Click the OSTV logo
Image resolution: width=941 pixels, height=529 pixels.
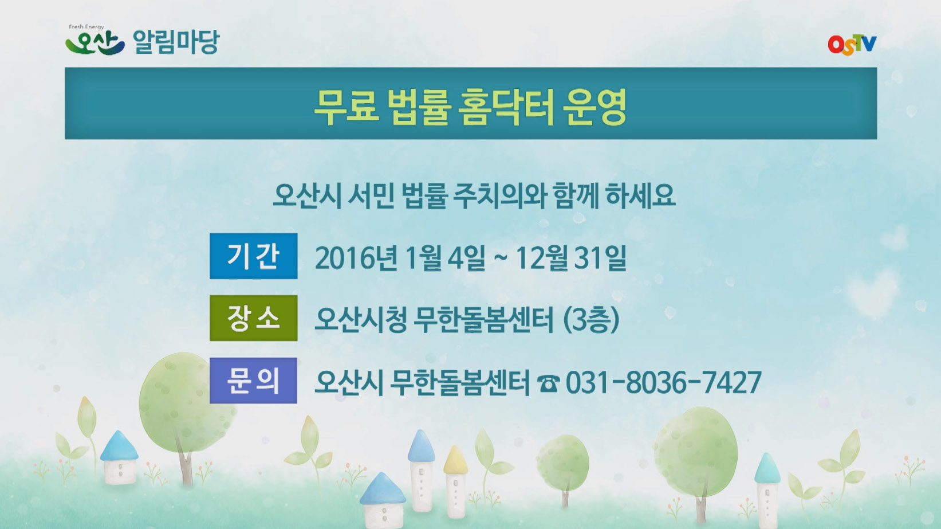click(x=852, y=45)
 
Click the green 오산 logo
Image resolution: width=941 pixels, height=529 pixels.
click(x=95, y=42)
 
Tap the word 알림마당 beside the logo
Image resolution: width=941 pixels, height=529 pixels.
click(x=176, y=42)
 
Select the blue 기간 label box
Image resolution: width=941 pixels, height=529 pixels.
click(x=253, y=256)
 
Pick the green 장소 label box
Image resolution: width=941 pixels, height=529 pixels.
click(x=253, y=318)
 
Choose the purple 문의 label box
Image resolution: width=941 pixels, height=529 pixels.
click(x=253, y=381)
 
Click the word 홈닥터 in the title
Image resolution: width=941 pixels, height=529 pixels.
click(x=506, y=107)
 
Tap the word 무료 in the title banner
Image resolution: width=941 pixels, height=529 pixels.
click(x=346, y=107)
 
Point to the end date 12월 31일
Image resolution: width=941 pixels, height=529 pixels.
click(x=571, y=258)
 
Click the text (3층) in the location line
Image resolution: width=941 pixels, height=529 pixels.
click(x=591, y=319)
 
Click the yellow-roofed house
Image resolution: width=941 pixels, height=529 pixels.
click(x=455, y=481)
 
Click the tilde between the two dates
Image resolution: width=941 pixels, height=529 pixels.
click(x=500, y=258)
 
